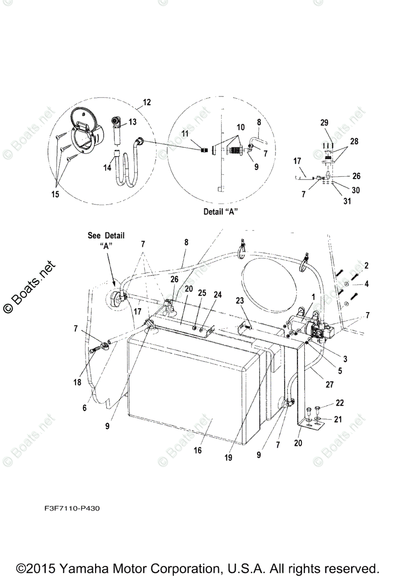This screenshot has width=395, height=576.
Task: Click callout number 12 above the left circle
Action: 147,102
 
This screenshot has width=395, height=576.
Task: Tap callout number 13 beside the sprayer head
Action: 132,122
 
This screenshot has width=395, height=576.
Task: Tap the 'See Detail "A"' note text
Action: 106,240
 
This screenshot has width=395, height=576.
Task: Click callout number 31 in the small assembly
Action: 346,201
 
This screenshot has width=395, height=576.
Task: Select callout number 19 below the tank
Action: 228,457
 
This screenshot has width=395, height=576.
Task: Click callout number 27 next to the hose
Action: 329,384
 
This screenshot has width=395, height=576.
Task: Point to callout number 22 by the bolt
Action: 340,403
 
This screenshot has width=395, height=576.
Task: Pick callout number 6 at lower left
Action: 85,408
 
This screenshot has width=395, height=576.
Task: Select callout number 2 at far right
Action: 366,265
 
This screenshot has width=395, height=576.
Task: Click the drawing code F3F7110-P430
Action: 70,508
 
